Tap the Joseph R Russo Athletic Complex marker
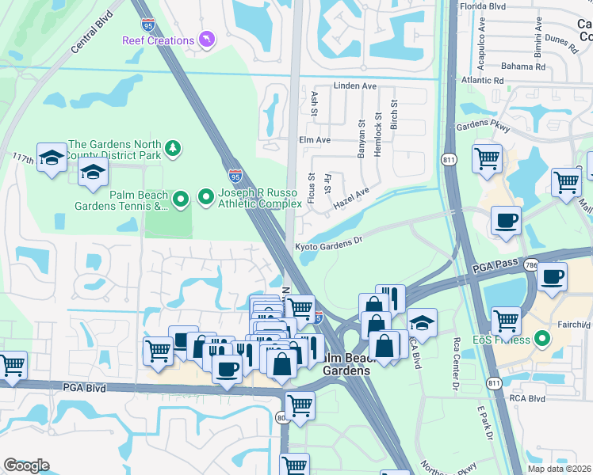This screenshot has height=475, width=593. tap(206, 196)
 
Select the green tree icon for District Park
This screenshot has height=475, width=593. tap(172, 149)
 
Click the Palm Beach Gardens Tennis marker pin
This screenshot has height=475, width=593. tap(182, 201)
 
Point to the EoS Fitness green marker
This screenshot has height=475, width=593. tap(542, 340)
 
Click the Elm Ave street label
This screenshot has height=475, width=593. tap(314, 139)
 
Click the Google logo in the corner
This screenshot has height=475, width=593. tap(26, 465)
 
